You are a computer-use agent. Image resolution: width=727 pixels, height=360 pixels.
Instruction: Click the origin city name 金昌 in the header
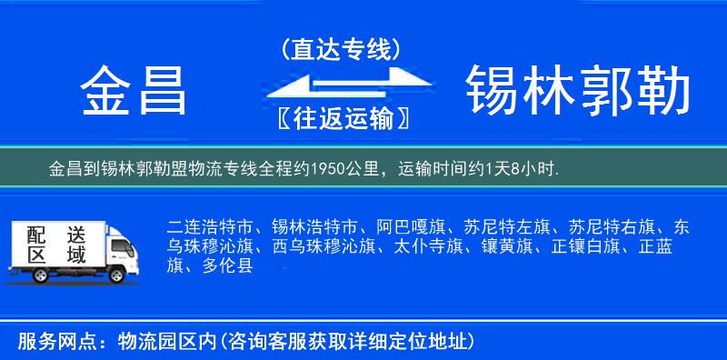(x=134, y=91)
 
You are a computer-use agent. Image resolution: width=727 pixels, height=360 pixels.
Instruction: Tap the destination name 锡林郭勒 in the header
(x=578, y=91)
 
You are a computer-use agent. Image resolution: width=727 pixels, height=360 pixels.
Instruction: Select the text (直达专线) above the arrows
(x=340, y=49)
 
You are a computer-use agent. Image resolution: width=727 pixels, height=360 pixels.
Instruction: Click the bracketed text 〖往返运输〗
(x=340, y=119)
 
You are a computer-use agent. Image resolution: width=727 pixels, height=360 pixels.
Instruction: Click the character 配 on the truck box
(x=35, y=234)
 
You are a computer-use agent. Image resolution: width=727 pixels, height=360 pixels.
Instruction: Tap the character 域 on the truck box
(x=76, y=255)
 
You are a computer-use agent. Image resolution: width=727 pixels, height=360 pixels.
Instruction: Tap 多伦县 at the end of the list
(x=223, y=266)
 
